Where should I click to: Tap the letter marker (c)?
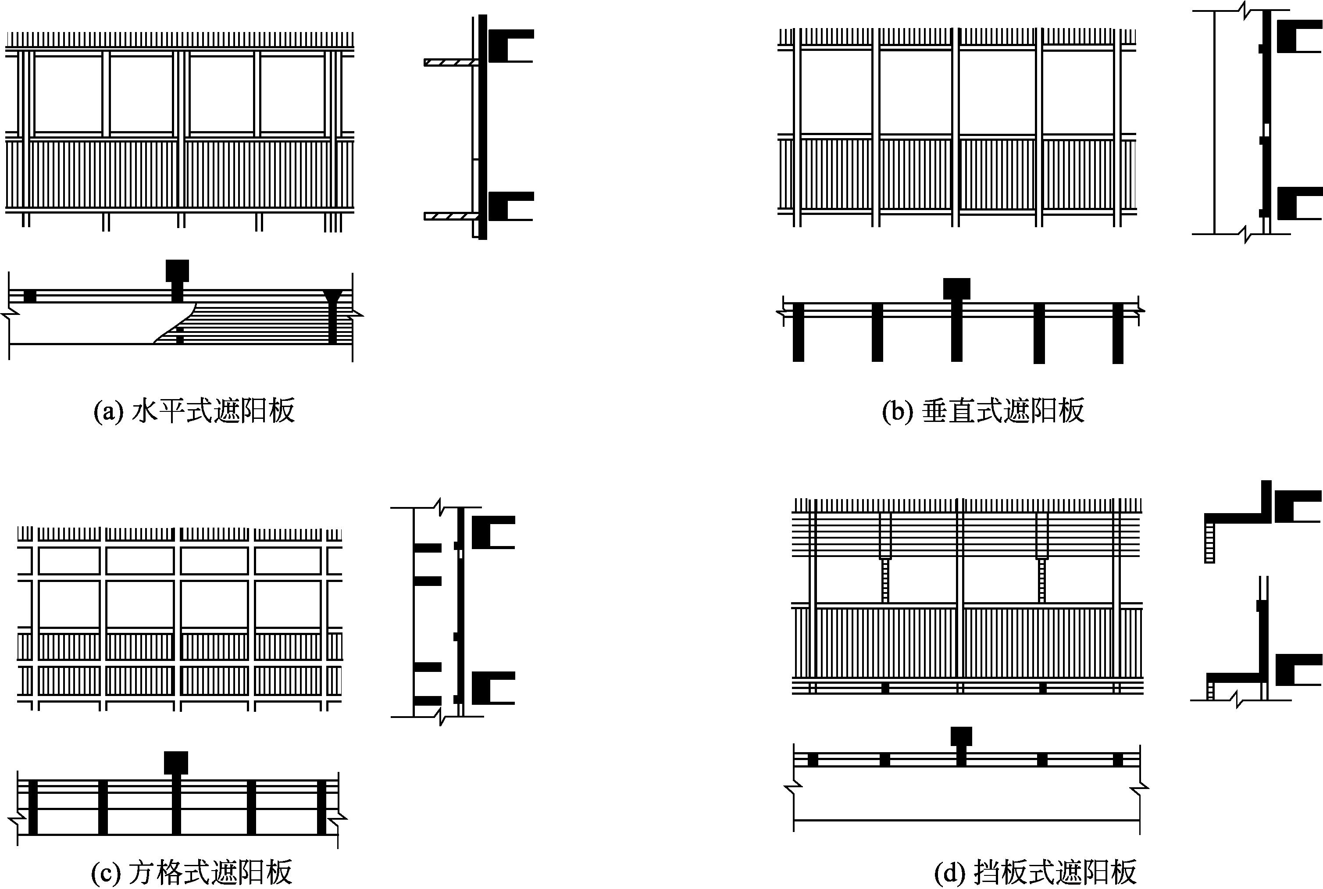point(105,872)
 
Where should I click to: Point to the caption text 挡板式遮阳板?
point(1056,872)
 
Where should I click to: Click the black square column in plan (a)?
point(177,271)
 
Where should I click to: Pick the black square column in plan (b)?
point(956,289)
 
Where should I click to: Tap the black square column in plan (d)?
point(961,736)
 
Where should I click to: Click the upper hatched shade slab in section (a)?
point(451,62)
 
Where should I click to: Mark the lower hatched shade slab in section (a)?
point(451,216)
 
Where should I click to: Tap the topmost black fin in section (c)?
point(428,548)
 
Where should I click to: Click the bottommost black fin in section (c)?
point(428,700)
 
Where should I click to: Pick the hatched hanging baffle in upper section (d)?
point(1209,542)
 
